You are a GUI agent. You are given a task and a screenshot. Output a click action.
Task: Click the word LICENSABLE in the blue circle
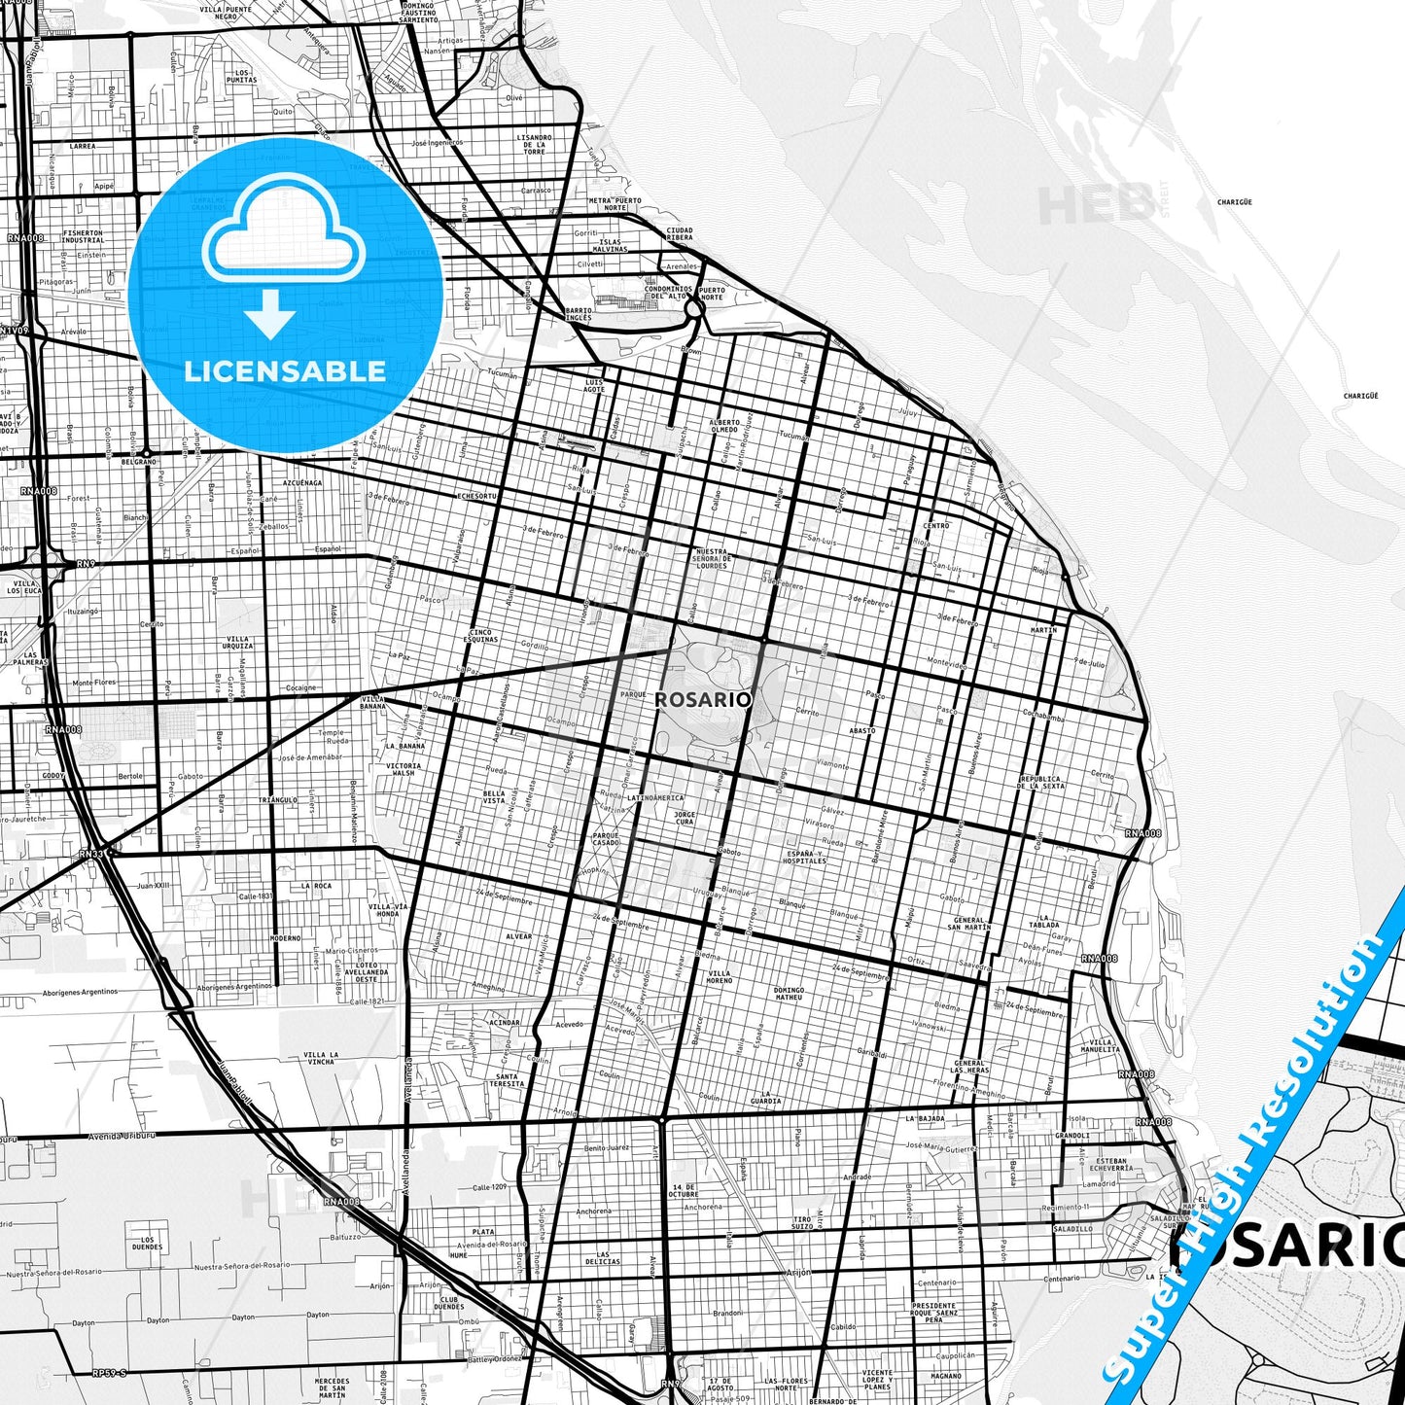pyautogui.click(x=285, y=370)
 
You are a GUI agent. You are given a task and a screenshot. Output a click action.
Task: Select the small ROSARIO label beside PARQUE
pyautogui.click(x=703, y=699)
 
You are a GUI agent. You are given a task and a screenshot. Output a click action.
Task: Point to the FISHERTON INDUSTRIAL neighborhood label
pyautogui.click(x=83, y=236)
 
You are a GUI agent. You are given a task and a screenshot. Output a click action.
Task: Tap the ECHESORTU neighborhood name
pyautogui.click(x=476, y=496)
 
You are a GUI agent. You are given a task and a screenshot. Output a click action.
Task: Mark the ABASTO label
pyautogui.click(x=861, y=730)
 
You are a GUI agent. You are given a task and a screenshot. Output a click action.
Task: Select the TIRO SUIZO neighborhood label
pyautogui.click(x=802, y=1222)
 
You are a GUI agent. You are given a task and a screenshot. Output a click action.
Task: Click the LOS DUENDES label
pyautogui.click(x=148, y=1243)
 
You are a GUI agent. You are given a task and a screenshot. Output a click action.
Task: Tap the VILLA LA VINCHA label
pyautogui.click(x=320, y=1058)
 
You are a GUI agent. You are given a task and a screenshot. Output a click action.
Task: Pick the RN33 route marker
pyautogui.click(x=91, y=854)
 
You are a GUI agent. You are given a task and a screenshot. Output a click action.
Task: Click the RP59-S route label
pyautogui.click(x=109, y=1373)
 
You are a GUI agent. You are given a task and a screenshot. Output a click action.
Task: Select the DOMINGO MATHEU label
pyautogui.click(x=789, y=993)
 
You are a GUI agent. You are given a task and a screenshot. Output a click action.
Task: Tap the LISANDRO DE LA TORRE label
pyautogui.click(x=534, y=145)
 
